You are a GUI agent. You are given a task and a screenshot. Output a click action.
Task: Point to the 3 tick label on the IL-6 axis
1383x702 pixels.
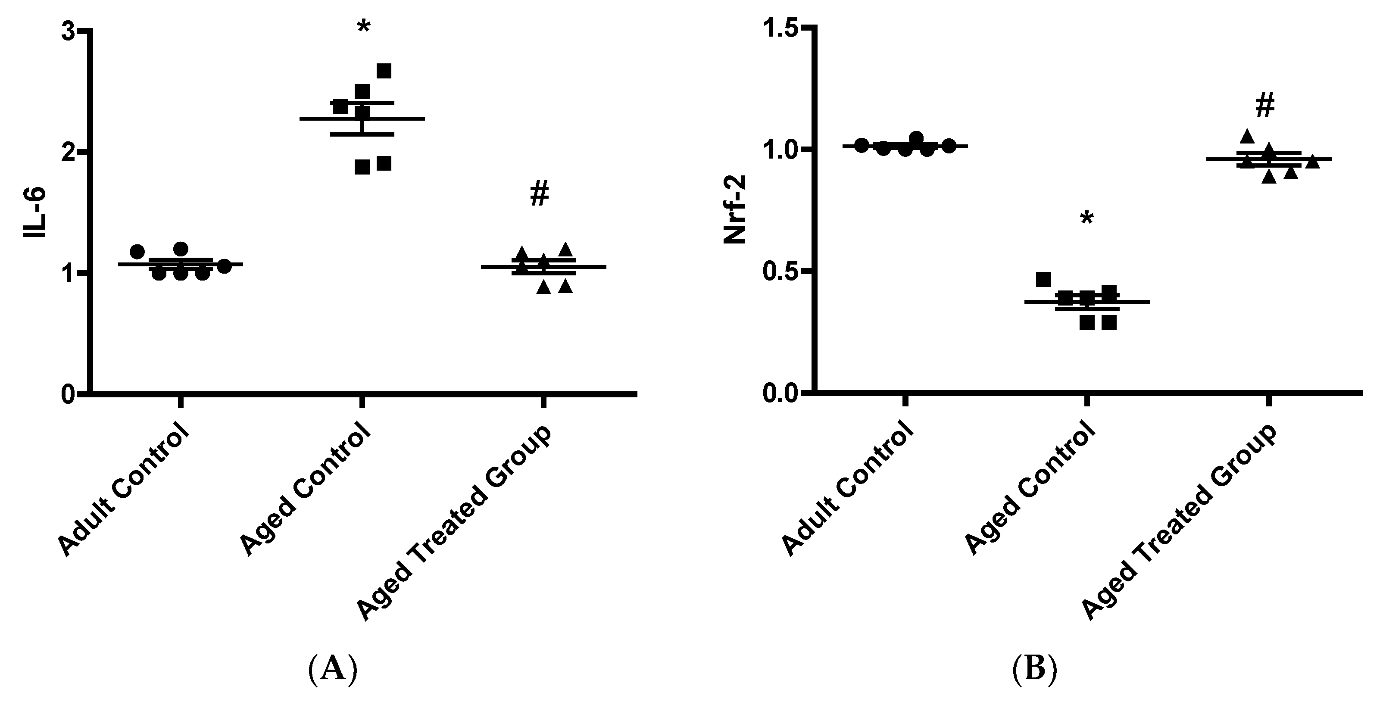[68, 31]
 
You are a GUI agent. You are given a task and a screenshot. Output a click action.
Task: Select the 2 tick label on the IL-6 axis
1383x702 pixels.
[68, 153]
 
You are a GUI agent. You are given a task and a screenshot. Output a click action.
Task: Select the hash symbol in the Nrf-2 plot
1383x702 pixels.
[1265, 106]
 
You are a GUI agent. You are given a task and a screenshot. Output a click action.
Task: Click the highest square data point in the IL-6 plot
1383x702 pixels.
[384, 71]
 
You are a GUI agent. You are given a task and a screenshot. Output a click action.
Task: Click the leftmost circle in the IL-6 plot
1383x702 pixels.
[137, 251]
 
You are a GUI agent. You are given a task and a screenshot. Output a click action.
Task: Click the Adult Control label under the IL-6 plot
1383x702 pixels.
[125, 490]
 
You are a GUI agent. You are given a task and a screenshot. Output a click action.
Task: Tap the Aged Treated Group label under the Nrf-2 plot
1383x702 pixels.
[1178, 523]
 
